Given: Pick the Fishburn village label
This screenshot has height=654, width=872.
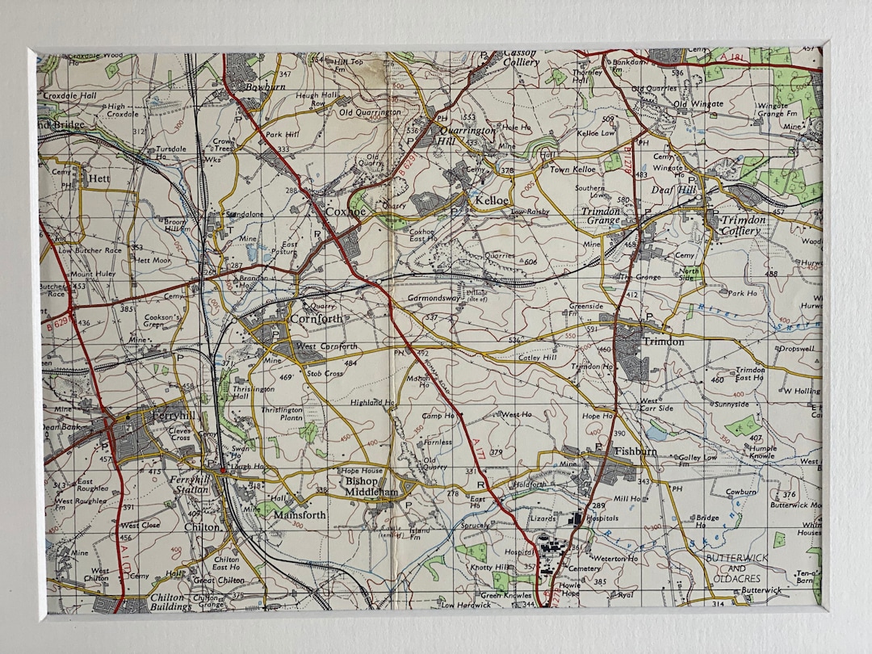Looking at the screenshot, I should click(635, 451).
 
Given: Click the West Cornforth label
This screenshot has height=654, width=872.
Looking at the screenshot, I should click(327, 346).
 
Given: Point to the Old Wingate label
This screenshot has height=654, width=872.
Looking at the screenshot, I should click(693, 104).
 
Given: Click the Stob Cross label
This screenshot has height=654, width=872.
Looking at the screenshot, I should click(324, 374).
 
